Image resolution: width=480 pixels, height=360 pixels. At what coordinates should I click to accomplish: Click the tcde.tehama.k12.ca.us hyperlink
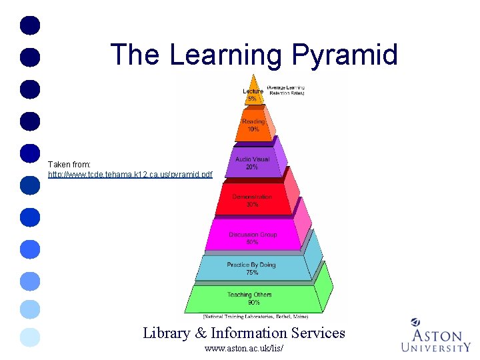tap(130, 174)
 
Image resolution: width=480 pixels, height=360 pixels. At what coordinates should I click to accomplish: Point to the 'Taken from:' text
tap(69, 163)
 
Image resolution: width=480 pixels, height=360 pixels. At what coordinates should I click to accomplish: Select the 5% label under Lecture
tap(251, 99)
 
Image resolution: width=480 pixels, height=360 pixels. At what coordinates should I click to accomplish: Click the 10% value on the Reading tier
tap(253, 129)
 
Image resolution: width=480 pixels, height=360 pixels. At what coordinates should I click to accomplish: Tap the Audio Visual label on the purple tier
tap(252, 159)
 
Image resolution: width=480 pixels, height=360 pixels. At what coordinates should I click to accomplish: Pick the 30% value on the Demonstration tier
tap(252, 205)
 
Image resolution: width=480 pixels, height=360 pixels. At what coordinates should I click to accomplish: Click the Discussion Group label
tap(253, 235)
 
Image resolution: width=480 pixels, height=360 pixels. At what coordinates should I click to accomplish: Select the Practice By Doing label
tap(251, 265)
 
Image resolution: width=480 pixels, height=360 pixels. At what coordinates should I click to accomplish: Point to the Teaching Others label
tap(249, 295)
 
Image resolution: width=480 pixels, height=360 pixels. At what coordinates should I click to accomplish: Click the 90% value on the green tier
tap(253, 303)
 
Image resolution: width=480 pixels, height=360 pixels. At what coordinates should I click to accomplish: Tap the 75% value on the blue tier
tap(252, 272)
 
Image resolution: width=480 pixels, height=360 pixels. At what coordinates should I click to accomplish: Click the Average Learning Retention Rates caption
tap(285, 91)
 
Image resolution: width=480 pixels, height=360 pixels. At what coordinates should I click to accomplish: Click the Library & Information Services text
tap(244, 333)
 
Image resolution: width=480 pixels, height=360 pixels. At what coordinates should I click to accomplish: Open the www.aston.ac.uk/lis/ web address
tap(244, 349)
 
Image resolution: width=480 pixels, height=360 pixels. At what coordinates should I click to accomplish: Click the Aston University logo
tap(435, 335)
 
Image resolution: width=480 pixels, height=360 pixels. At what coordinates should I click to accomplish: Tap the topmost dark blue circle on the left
tap(31, 25)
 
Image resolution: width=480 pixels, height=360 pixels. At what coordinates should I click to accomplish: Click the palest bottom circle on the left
tap(31, 338)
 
